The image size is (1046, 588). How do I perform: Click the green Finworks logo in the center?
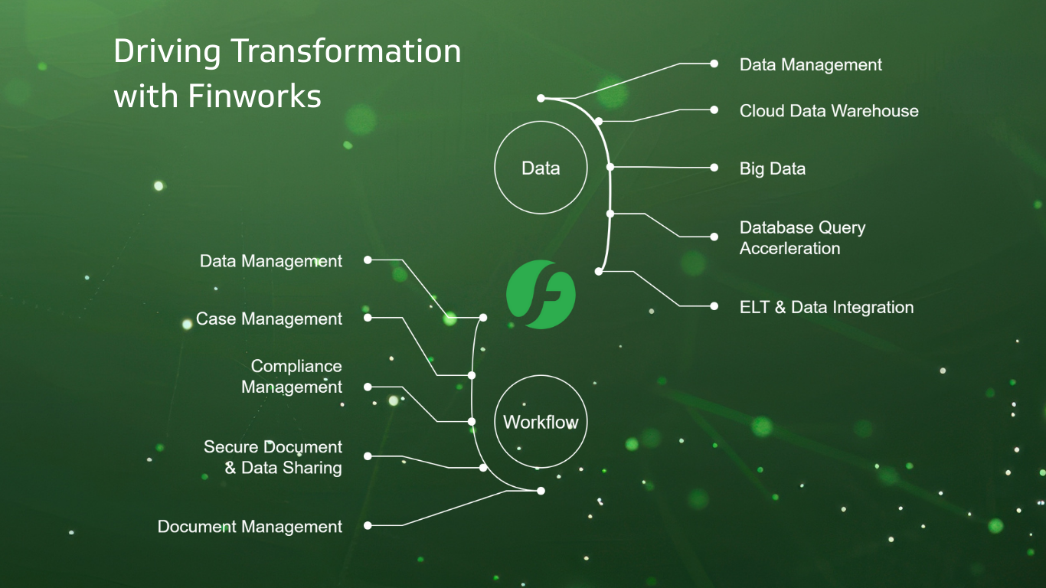coord(541,295)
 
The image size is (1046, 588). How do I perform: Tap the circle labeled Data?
coord(541,168)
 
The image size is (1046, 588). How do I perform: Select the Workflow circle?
coord(541,422)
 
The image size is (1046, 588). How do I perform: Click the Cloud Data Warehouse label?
coord(829,111)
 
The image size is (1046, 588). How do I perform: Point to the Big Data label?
coord(772,168)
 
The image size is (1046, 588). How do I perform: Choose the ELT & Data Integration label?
coord(826,307)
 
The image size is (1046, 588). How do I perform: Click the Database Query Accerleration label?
coord(802,238)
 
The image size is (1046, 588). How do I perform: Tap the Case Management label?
coord(269,318)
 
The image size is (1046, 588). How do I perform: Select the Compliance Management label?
coord(292,377)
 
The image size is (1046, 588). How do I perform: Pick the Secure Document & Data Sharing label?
coord(273,457)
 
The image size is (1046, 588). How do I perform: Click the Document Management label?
coord(250,527)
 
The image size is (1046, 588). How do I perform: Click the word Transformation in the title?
coord(346,52)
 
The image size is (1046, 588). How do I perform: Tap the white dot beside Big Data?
coord(714,168)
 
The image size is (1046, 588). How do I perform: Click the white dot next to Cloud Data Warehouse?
coord(714,110)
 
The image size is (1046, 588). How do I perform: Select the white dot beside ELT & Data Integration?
coord(714,306)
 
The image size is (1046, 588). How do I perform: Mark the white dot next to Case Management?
coord(368,317)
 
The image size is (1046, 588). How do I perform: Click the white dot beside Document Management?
coord(368,525)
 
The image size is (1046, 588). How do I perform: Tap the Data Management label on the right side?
coord(810,65)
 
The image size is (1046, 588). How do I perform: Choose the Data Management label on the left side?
coord(271,261)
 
